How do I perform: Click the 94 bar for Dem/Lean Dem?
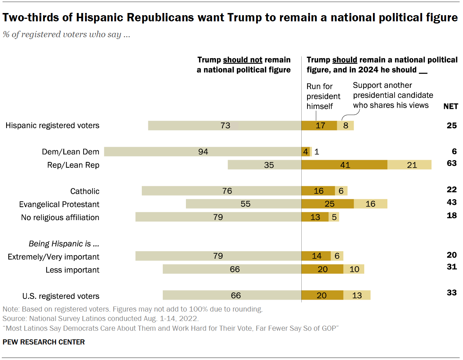203,152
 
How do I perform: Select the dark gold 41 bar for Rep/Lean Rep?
344,165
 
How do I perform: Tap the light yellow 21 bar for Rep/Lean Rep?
409,165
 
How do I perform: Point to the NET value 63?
451,163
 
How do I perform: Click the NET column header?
451,106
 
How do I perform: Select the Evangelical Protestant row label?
59,205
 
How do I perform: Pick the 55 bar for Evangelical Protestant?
243,204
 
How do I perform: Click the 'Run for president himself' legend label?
323,96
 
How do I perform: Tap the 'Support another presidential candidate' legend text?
392,95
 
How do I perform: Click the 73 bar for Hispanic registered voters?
225,125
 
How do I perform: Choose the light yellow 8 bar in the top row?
345,125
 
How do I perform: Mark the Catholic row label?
85,191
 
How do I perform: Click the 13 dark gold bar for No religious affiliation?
315,217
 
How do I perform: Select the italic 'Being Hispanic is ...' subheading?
64,244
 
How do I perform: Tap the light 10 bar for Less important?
354,269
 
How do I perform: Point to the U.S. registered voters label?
61,296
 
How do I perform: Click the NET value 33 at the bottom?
451,293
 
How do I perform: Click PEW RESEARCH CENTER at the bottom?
43,342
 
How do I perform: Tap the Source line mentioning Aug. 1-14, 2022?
101,319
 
